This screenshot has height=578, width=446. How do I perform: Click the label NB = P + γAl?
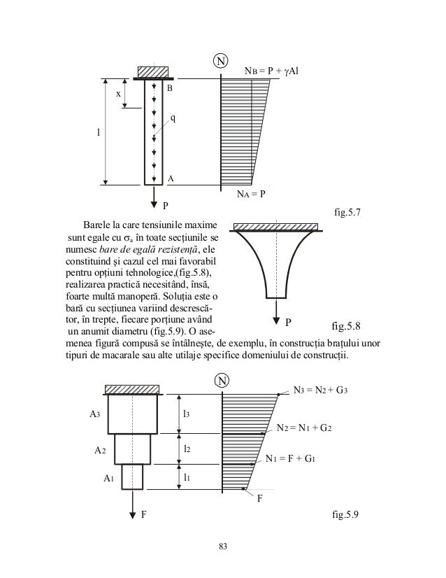(271, 71)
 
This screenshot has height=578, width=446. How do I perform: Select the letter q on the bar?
(173, 118)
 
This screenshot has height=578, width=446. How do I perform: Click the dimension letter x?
(118, 93)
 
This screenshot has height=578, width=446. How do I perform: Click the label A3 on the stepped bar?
(94, 414)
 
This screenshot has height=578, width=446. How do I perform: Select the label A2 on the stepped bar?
(101, 451)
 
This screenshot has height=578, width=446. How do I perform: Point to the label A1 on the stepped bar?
(108, 478)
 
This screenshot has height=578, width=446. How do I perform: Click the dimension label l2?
(186, 446)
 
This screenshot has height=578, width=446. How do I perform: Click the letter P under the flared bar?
(288, 323)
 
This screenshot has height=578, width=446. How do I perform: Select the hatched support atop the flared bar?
(275, 227)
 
